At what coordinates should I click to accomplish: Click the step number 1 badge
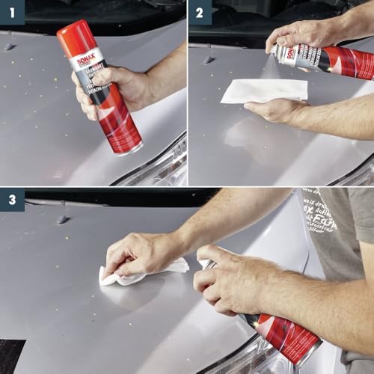pyautogui.click(x=12, y=13)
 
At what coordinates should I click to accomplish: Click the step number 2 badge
pyautogui.click(x=200, y=13)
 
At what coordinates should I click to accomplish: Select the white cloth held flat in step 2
pyautogui.click(x=266, y=90)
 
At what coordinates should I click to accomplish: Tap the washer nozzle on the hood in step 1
pyautogui.click(x=9, y=47)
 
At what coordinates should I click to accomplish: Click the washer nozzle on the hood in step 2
pyautogui.click(x=209, y=59)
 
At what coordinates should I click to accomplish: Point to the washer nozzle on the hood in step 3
pyautogui.click(x=62, y=220)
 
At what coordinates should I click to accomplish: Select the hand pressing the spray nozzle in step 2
pyautogui.click(x=299, y=34)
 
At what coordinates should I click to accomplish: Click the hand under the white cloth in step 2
pyautogui.click(x=273, y=111)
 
